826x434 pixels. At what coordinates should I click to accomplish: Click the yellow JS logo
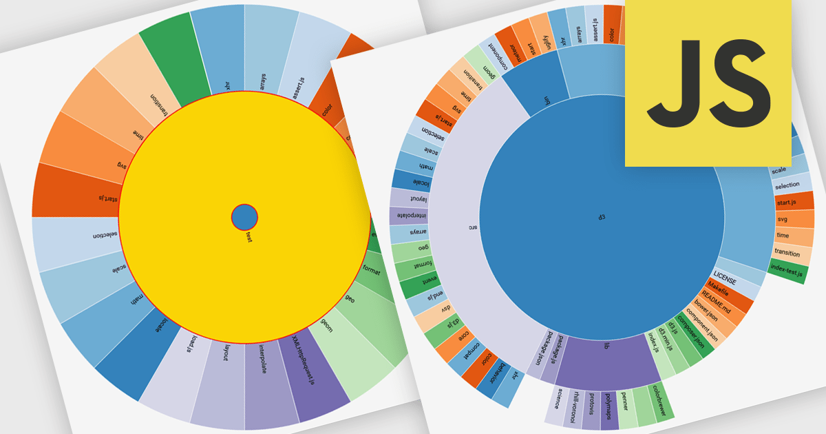[x=725, y=83]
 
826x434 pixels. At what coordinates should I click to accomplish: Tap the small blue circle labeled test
[x=244, y=217]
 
